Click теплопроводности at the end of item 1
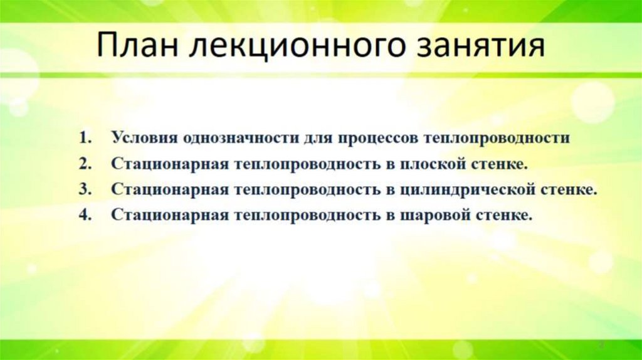pos(497,138)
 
